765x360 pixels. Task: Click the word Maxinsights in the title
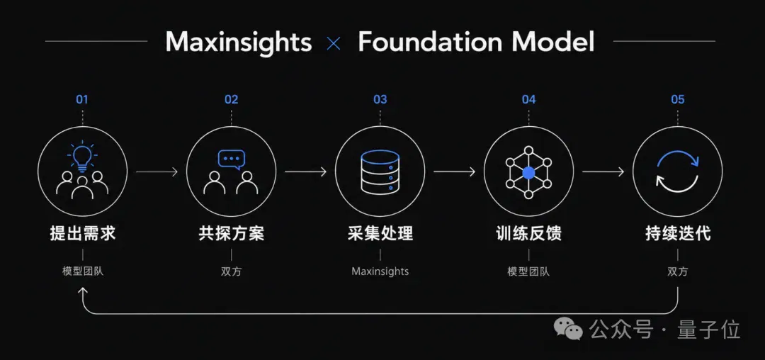tap(239, 42)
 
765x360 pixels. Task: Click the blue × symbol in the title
tap(334, 45)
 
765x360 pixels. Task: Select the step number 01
tap(82, 99)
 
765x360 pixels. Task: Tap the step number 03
tap(380, 99)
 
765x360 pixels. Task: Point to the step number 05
tap(678, 99)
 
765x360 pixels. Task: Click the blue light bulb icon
tap(82, 156)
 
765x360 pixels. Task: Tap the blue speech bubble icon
tap(231, 159)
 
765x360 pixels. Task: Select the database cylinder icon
tap(380, 171)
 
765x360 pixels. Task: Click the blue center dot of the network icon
tap(529, 172)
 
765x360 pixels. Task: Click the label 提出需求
tap(82, 233)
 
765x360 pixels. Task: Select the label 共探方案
tap(231, 233)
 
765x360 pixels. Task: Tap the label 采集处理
tap(380, 233)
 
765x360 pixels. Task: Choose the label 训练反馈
tap(529, 233)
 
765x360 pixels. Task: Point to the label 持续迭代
tap(678, 233)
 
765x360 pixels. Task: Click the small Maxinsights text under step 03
tap(380, 271)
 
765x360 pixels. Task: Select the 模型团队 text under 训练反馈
tap(529, 271)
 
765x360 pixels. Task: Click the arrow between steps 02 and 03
tap(305, 171)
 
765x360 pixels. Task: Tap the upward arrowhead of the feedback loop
tap(82, 290)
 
